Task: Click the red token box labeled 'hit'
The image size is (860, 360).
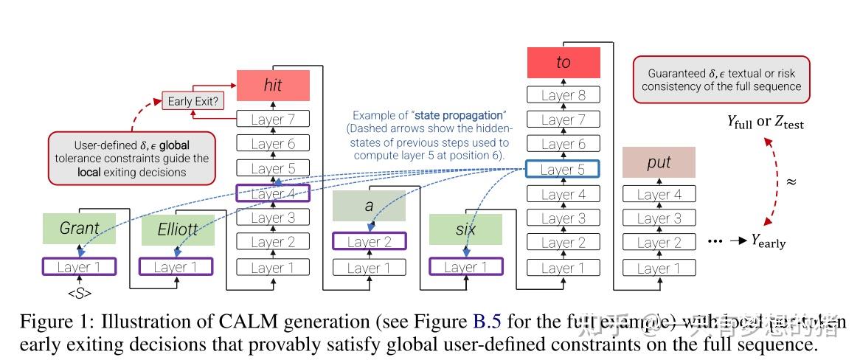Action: coord(273,86)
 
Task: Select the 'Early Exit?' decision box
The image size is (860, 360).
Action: coord(193,101)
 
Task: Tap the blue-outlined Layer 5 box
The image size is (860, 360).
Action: coord(563,170)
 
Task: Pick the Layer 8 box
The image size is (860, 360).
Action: coord(563,95)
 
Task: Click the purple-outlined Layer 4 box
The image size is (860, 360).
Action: coord(273,194)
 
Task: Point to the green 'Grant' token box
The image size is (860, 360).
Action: coord(79,229)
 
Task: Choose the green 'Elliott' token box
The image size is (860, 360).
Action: coord(176,229)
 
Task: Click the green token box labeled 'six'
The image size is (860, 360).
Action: coord(466,229)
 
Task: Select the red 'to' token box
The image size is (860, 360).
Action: coord(563,63)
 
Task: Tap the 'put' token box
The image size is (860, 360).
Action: coord(659,162)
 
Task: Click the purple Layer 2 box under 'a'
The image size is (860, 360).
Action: coord(369,242)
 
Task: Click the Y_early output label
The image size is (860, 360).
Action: coord(768,242)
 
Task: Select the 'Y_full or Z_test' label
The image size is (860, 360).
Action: coord(766,122)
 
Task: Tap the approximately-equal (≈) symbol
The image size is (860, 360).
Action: coord(791,181)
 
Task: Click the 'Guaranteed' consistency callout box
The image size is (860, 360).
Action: coord(721,80)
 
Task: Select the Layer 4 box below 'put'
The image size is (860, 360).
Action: coord(659,195)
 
